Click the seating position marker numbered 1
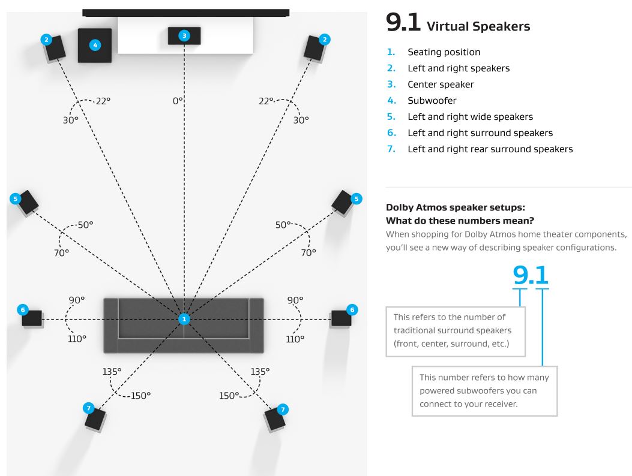184,319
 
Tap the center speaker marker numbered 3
184,36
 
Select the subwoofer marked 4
94,44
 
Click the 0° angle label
177,101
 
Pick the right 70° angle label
308,252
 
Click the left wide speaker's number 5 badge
16,198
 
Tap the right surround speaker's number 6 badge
352,309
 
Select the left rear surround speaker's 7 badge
88,408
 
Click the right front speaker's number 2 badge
325,40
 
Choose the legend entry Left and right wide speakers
470,117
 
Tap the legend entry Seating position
444,52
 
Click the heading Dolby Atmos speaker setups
456,208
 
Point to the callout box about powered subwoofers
484,391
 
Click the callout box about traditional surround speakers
455,331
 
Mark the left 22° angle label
103,101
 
